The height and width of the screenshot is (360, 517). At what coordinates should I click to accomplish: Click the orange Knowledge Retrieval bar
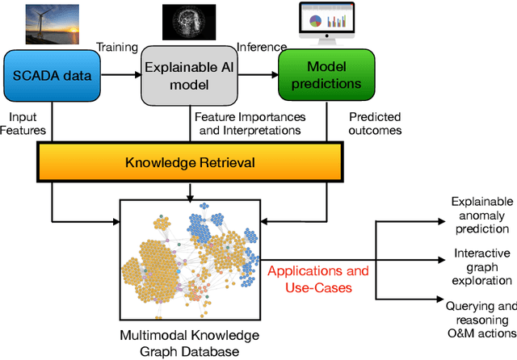(190, 163)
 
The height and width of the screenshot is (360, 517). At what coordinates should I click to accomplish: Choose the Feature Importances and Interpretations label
(248, 123)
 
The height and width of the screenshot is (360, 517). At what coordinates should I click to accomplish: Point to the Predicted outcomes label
(376, 123)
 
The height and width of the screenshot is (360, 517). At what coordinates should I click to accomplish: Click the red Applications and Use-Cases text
(317, 278)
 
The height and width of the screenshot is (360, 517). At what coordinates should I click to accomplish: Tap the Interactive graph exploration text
(481, 266)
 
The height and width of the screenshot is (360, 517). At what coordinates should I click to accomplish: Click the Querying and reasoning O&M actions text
(480, 319)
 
